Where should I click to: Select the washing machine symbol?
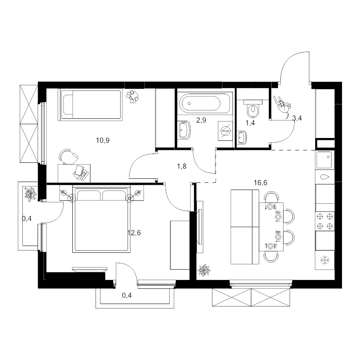(x=225, y=131)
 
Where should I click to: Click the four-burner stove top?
(x=325, y=221)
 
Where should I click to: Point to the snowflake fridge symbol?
(x=325, y=260)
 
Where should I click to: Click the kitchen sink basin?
(x=324, y=160)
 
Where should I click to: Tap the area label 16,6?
(x=260, y=183)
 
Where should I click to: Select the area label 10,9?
(x=103, y=140)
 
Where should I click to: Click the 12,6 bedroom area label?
(x=134, y=233)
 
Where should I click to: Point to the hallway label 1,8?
(x=182, y=166)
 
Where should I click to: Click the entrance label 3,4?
(x=297, y=118)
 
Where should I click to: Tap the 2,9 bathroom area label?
(x=201, y=120)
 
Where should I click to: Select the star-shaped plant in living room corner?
(x=204, y=270)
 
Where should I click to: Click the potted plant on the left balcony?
(x=30, y=194)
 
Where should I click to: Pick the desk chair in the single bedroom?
(x=68, y=156)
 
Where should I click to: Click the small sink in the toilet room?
(x=242, y=137)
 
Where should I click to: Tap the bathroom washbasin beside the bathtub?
(x=184, y=130)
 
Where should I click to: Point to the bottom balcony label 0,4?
(x=127, y=295)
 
